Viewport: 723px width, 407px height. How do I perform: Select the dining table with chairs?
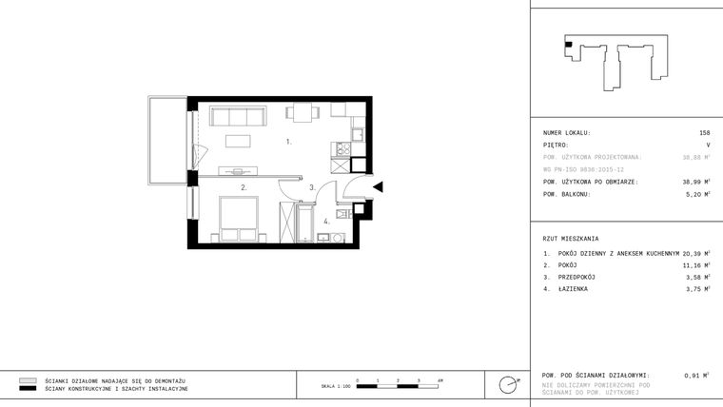point(303,112)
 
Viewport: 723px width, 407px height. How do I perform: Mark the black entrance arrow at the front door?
point(378,187)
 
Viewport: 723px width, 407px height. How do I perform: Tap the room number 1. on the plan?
point(288,142)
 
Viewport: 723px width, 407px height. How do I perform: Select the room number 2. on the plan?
point(244,187)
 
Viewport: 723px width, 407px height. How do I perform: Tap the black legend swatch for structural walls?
point(28,389)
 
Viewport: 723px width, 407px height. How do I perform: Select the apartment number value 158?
point(704,133)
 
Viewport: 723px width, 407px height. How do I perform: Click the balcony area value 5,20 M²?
point(697,193)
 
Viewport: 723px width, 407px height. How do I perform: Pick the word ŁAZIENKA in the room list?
point(575,288)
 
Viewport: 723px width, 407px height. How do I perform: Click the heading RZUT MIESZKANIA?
point(571,238)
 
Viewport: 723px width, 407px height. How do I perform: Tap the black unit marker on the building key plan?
point(568,44)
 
